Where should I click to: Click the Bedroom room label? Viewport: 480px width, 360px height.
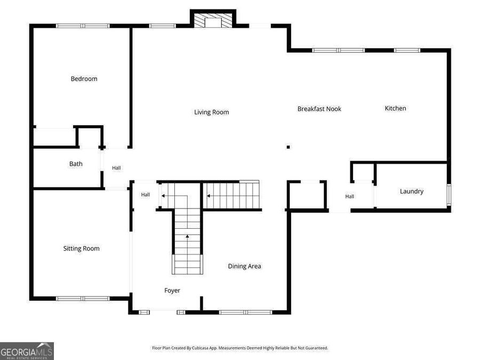point(84,79)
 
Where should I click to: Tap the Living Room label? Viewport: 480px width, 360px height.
point(212,112)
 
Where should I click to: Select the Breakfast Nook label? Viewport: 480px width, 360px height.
point(319,109)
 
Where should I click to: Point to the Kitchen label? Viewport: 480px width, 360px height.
point(395,108)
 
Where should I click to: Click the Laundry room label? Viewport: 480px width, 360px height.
point(412,191)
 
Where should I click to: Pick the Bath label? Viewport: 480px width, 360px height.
point(76,164)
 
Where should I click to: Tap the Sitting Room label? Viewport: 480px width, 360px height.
point(82,248)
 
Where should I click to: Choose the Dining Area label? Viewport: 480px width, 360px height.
point(245,266)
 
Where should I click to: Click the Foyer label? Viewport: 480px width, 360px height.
point(172,291)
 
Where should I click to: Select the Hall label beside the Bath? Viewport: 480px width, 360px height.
point(116,168)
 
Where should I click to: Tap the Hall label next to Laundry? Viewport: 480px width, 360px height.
point(349,196)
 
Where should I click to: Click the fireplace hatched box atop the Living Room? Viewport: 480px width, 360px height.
point(213,20)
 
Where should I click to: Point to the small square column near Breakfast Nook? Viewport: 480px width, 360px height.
point(288,147)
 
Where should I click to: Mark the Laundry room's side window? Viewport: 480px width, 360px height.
point(449,195)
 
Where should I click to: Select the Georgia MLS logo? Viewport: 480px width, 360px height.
point(27,351)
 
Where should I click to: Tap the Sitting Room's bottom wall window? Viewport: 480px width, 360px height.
point(83,299)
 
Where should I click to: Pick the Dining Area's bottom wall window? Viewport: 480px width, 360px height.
point(245,312)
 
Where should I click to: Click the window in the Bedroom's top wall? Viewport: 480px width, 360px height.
point(83,26)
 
